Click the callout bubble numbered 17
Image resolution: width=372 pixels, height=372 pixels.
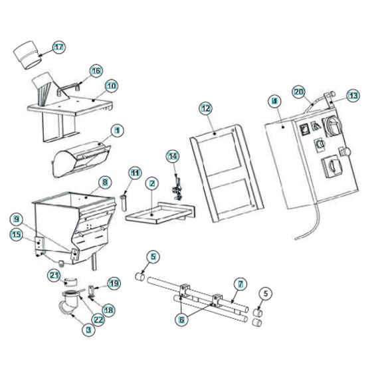60,47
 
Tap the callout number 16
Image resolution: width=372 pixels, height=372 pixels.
96,70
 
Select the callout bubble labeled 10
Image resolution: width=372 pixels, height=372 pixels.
111,86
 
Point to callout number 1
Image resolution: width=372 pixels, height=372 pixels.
117,130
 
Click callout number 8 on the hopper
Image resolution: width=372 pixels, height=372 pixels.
104,181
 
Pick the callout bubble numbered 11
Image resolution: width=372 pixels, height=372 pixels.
135,173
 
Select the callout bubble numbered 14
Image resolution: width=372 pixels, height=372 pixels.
173,157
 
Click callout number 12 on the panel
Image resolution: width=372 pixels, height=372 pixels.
205,107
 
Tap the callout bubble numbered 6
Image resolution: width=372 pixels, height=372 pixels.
182,318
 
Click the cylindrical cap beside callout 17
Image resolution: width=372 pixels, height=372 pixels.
28,54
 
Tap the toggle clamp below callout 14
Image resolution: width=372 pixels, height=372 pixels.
177,188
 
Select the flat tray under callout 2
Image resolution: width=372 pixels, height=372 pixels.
159,216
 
